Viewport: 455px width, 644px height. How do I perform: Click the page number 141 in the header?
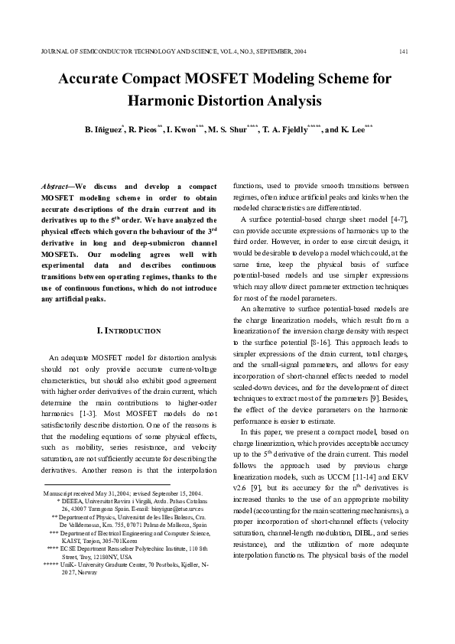pyautogui.click(x=403, y=51)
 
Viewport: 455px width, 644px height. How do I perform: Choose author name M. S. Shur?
pyautogui.click(x=227, y=130)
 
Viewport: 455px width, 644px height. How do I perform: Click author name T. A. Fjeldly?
pyautogui.click(x=288, y=130)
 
